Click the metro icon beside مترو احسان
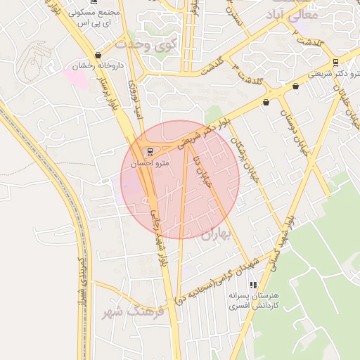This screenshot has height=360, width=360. pos(149,151)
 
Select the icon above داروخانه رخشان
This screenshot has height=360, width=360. pos(97,55)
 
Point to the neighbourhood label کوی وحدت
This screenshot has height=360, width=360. pos(148,44)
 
